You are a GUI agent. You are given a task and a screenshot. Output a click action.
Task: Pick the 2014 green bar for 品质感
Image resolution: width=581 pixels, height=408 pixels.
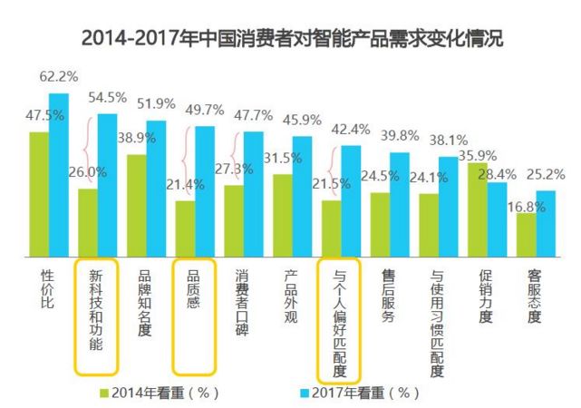185,228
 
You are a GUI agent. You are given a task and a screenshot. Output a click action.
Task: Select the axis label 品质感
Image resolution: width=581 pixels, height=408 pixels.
194,290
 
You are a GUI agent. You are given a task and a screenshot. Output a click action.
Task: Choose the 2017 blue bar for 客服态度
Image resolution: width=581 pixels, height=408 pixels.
546,223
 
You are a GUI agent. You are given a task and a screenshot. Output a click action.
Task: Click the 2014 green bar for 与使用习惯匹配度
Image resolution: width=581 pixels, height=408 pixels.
429,224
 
